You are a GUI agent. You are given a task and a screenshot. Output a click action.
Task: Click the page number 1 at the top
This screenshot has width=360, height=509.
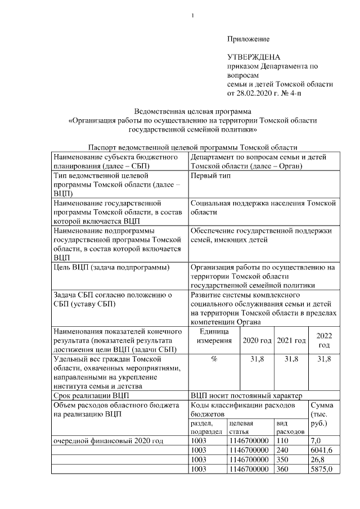pos(193,15)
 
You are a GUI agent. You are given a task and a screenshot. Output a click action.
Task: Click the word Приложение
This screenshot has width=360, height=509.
pos(248,39)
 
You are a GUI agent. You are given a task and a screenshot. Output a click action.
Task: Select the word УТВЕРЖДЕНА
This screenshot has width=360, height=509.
pos(253,57)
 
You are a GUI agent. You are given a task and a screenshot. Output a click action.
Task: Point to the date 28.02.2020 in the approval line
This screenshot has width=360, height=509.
pos(253,92)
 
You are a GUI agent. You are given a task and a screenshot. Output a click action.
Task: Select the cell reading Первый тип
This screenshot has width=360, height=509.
pos(209,176)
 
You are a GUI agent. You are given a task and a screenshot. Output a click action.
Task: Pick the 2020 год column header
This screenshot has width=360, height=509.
pos(257,340)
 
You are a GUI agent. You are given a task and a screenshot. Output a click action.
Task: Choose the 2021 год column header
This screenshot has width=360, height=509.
pos(291,340)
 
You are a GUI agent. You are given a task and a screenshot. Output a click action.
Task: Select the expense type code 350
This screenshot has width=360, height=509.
pos(282,459)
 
